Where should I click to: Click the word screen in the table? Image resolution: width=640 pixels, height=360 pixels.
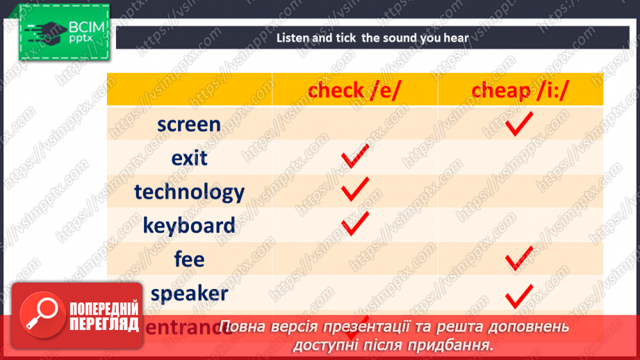point(189,125)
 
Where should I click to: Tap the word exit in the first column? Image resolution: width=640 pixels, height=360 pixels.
point(189,158)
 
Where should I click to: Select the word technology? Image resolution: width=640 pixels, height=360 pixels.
point(189,192)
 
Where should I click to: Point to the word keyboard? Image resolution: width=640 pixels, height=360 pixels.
point(189,225)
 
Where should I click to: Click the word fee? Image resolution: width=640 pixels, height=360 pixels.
point(189,259)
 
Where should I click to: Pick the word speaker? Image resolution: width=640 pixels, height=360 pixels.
point(189,293)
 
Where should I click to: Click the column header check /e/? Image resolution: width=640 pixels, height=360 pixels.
point(354,90)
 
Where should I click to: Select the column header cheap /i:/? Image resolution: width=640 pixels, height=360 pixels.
point(520,90)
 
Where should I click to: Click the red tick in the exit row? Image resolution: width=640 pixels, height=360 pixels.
point(354,158)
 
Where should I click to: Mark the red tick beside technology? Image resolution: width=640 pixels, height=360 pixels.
point(354,189)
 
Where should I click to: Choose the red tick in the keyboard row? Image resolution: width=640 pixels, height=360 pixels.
point(354,223)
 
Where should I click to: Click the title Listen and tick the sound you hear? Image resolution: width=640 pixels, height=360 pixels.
point(372,38)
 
